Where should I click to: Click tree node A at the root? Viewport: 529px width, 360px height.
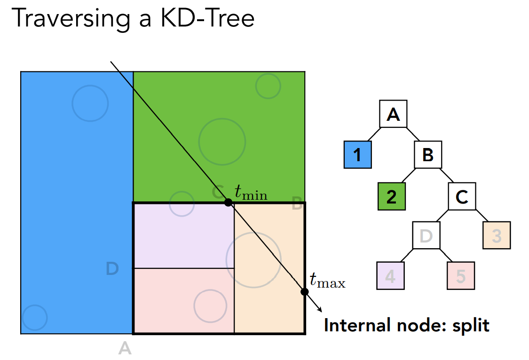coord(393,114)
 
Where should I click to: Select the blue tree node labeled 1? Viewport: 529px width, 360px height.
coord(358,155)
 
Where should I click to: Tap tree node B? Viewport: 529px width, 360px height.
coord(427,155)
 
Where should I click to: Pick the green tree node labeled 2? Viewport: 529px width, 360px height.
coord(392,196)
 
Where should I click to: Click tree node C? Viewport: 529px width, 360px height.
coord(462,196)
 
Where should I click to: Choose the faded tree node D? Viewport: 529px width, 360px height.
coord(426,235)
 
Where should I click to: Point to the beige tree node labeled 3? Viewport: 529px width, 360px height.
coord(497,235)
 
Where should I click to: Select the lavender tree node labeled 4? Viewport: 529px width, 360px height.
coord(391,275)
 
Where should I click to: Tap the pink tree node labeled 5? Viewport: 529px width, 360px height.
coord(461,275)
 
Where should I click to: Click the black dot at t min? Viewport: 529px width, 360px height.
coord(228,203)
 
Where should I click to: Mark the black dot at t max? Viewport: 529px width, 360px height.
coord(304,291)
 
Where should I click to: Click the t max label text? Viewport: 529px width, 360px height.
coord(327,281)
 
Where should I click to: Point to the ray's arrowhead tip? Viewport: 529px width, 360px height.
coord(322,311)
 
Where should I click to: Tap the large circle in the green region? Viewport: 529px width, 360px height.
coord(222,141)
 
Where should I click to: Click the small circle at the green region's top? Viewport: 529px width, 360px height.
coord(268,86)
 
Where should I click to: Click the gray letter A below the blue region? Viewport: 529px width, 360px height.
coord(125,348)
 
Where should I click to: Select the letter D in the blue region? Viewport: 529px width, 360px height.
coord(112,269)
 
